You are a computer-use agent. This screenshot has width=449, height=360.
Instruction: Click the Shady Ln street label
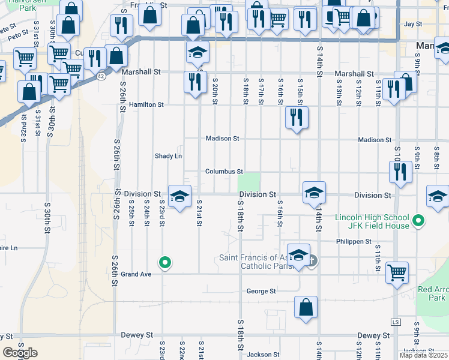pos(168,156)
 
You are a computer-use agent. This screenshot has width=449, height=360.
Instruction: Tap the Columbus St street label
pos(224,172)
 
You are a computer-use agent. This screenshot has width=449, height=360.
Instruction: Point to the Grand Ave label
pos(135,274)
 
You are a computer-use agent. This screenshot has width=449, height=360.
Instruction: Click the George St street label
pos(261,292)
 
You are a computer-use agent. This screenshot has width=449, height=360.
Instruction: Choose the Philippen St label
pos(354,242)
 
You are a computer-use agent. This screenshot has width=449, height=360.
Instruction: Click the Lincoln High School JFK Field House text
pos(372,221)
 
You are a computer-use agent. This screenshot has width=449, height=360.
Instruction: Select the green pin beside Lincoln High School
pos(420,221)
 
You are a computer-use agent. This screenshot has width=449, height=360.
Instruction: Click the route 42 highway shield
pos(101,76)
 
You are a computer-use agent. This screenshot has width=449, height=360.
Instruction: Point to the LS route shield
pos(395,322)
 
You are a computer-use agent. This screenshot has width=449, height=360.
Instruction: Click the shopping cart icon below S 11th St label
pos(397,272)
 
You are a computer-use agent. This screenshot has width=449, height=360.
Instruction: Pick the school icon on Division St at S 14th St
pos(314,193)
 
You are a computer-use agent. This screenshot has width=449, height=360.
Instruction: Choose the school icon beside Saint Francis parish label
pos(298,254)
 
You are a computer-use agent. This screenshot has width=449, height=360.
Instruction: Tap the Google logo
pos(20,353)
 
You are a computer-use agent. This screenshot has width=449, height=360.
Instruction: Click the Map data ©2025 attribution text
pos(423,355)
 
